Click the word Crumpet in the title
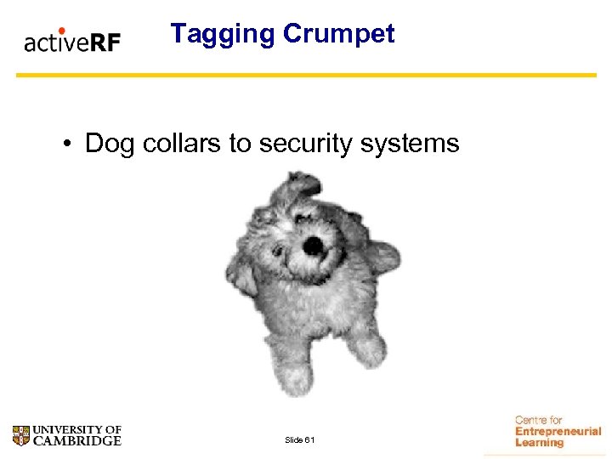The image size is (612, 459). [x=338, y=34]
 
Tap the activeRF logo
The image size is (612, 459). [x=72, y=41]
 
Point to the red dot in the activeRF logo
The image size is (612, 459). [x=61, y=31]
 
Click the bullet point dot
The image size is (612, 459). [x=66, y=144]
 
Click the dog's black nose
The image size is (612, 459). [x=313, y=246]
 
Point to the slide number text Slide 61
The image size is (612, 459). [x=300, y=439]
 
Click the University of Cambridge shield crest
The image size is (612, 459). [x=21, y=436]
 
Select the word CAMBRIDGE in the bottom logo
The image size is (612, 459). [x=77, y=441]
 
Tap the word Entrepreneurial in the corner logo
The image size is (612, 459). [x=558, y=432]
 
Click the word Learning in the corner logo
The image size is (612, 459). [x=539, y=443]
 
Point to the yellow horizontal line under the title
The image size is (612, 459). [x=306, y=75]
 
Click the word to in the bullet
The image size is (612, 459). [x=240, y=144]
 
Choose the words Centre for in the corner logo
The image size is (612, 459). [x=538, y=420]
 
